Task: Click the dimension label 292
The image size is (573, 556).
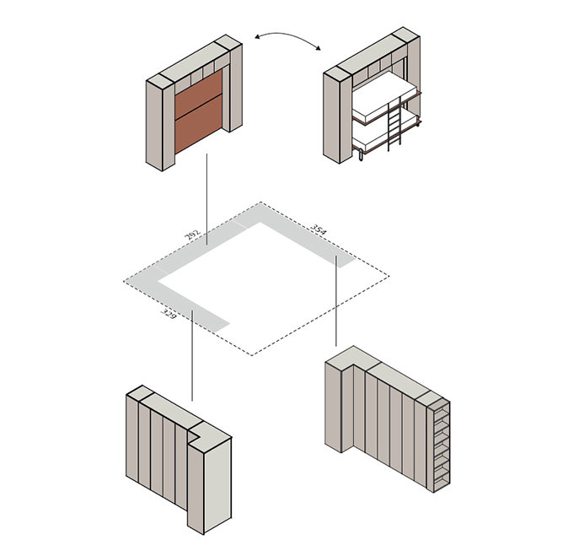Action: click(x=193, y=235)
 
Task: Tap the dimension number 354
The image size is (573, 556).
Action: click(x=318, y=229)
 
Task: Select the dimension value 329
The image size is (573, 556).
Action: click(x=169, y=314)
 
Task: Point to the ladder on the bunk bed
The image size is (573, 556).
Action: click(x=394, y=124)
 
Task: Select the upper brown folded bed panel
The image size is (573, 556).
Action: click(x=198, y=95)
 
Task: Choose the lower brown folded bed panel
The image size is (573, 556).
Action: click(x=198, y=124)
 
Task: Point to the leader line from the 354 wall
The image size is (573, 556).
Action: click(x=336, y=300)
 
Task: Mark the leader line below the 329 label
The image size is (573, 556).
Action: click(x=192, y=355)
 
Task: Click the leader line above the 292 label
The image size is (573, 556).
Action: click(x=206, y=199)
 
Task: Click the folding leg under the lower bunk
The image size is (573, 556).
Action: click(x=361, y=155)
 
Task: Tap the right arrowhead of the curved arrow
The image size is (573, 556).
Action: click(x=319, y=48)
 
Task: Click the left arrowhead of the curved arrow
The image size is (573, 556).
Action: click(x=257, y=36)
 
